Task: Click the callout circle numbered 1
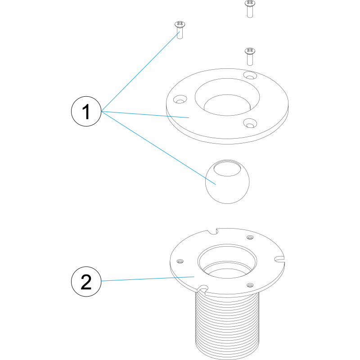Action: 86,111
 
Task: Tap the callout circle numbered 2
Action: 86,282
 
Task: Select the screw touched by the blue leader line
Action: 180,30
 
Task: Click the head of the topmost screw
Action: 250,3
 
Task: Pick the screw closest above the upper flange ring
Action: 250,57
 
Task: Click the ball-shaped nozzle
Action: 227,182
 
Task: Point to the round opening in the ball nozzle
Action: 227,169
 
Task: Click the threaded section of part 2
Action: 227,326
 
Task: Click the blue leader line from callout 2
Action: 148,279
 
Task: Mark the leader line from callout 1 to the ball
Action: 158,148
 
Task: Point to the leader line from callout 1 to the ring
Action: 145,114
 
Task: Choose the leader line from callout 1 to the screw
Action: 140,72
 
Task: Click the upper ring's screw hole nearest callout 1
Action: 180,99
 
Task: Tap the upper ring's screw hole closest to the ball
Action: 250,123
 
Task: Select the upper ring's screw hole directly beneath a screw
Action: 250,75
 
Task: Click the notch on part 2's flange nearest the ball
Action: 212,232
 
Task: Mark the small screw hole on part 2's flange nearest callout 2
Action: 180,261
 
